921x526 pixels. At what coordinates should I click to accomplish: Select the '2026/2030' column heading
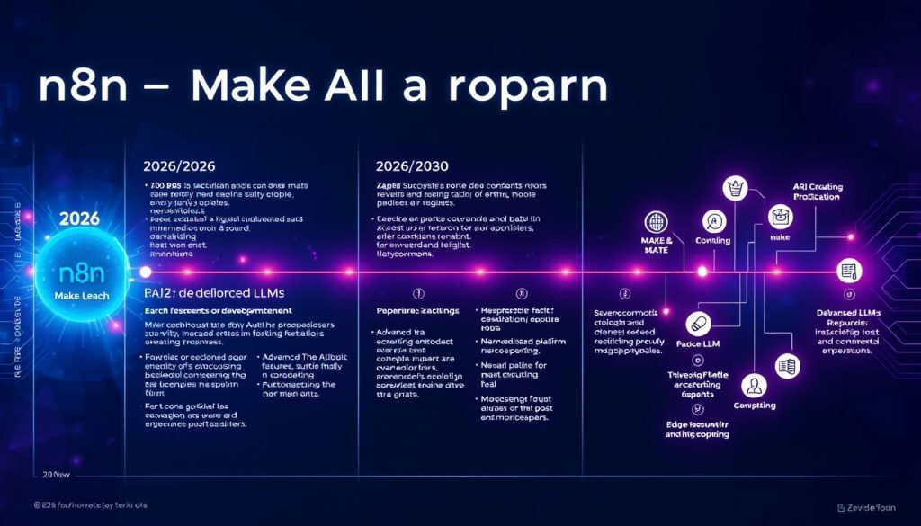(x=409, y=166)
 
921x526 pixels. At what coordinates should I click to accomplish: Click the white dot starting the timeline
(x=145, y=271)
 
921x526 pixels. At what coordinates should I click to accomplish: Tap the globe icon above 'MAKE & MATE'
(x=656, y=223)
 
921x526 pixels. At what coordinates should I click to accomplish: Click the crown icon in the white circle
(x=737, y=188)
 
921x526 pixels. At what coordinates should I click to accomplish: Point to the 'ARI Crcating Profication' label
(x=818, y=192)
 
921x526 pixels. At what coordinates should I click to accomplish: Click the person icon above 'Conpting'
(x=753, y=386)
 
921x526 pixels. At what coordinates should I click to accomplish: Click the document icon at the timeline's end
(x=847, y=270)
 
